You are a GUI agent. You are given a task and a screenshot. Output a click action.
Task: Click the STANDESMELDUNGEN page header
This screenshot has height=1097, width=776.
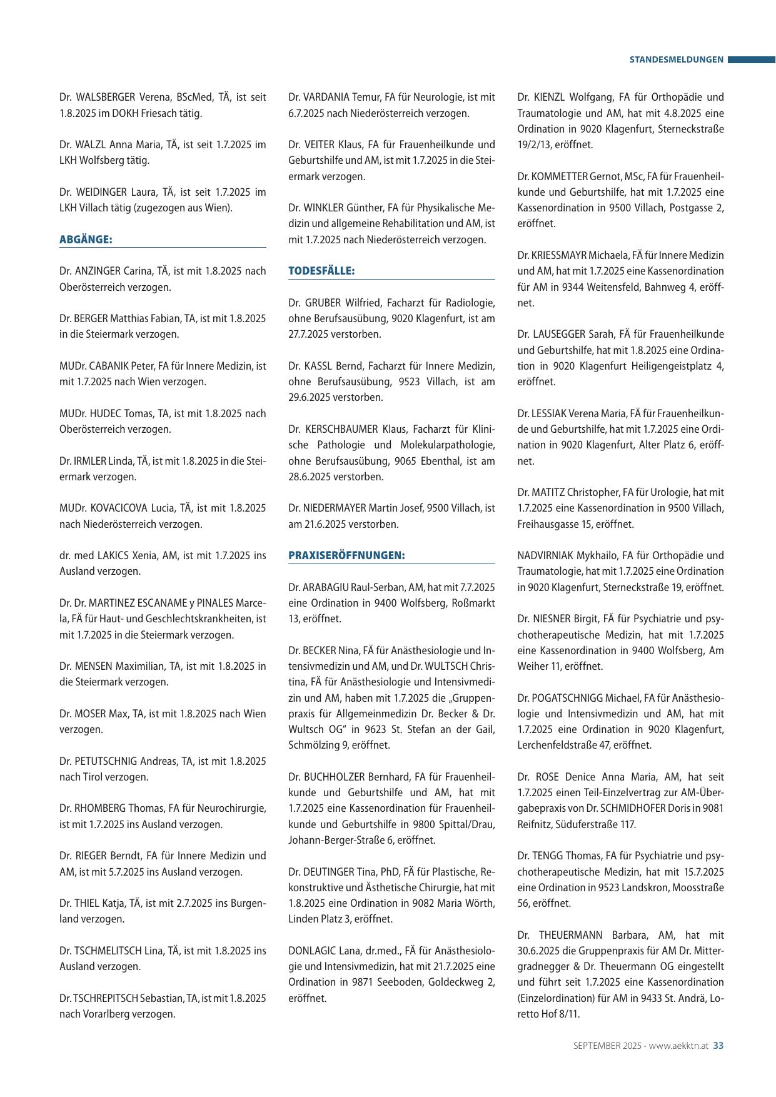tap(676, 60)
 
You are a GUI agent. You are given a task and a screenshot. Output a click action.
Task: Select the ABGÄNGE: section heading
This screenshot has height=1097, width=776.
tap(86, 240)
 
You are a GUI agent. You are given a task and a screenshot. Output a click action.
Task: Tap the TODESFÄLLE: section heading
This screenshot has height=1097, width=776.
tap(321, 271)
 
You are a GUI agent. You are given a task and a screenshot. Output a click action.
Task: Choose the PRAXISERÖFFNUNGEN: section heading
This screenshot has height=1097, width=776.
tap(346, 555)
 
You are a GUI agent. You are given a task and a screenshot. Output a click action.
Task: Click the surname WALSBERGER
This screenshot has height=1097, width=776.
tap(106, 98)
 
